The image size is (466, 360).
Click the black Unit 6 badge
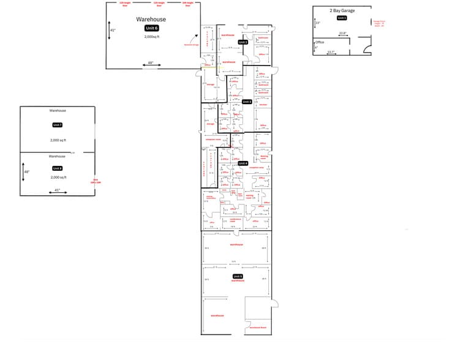151,28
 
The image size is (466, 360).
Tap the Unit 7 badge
58,125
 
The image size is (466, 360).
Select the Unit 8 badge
58,168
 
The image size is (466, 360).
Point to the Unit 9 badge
238,277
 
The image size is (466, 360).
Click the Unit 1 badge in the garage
342,18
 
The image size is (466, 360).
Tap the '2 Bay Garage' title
342,10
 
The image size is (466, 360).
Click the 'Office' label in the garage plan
319,42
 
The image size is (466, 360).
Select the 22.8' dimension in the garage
343,34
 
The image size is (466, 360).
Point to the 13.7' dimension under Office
331,52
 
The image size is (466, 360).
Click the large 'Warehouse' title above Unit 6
151,20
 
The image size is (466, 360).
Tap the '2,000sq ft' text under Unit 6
151,37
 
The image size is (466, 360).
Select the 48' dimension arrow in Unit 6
150,62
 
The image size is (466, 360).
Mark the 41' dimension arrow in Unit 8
58,190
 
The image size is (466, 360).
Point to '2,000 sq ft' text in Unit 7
58,140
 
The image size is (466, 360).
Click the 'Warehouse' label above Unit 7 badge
58,111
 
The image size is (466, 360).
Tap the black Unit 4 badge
242,163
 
